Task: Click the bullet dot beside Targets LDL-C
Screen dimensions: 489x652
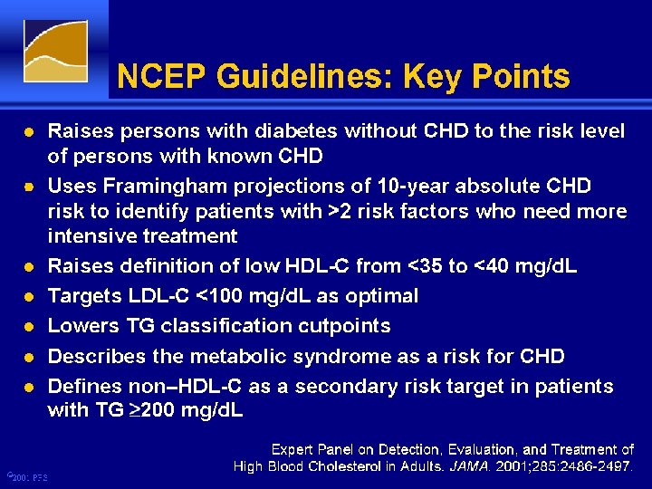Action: (29, 297)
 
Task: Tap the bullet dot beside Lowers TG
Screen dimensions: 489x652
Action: (29, 327)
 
